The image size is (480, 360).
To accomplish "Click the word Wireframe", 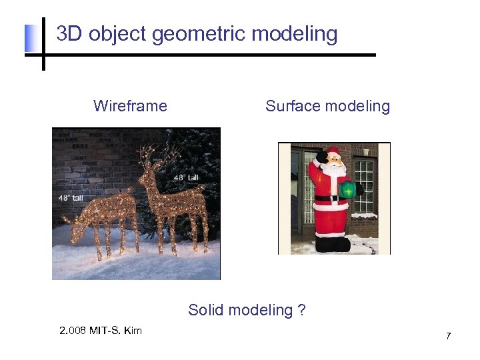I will [130, 106].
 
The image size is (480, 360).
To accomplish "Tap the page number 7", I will [448, 336].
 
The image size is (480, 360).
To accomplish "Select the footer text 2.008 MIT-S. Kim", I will [100, 331].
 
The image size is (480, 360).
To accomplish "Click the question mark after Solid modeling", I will [301, 310].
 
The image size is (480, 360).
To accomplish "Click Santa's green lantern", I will [347, 189].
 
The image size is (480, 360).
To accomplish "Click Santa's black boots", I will [331, 244].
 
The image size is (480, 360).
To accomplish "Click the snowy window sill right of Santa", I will [365, 215].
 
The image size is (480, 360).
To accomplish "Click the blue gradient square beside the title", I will [32, 39].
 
